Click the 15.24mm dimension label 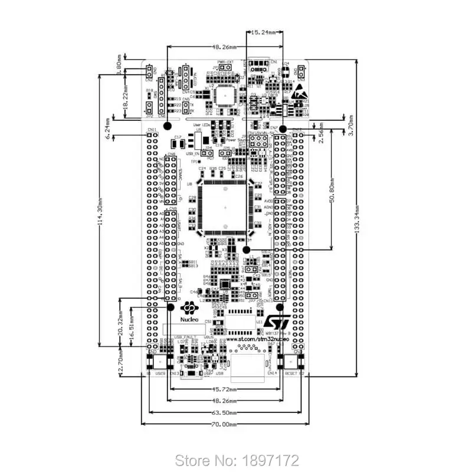click(263, 34)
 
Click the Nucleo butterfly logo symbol click(189, 309)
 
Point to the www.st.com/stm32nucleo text click(257, 340)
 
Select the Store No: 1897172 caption click(238, 460)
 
